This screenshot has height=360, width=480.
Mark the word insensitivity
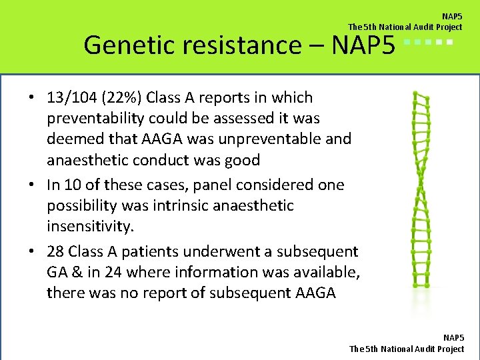click(x=90, y=225)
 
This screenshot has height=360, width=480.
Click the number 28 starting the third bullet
click(x=56, y=251)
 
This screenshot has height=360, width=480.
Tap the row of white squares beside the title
click(x=429, y=43)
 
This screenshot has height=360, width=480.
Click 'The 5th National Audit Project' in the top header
click(x=405, y=27)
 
